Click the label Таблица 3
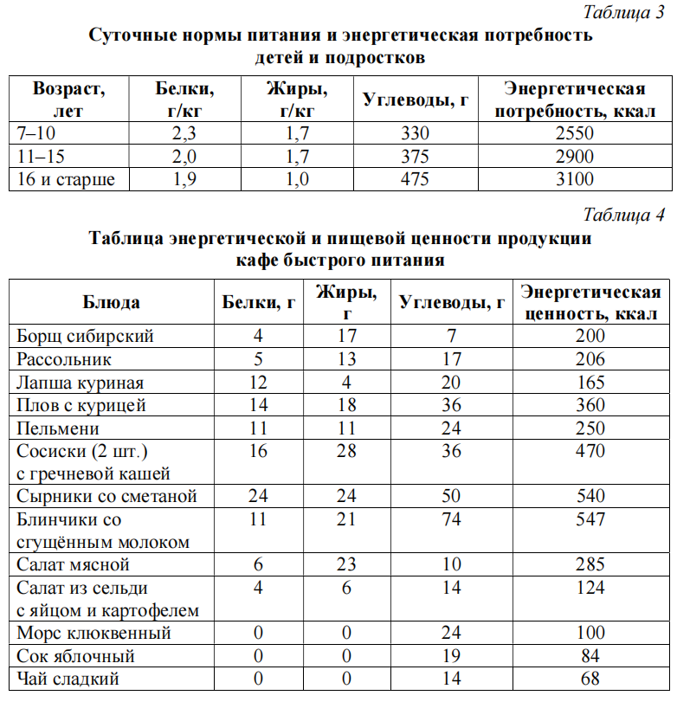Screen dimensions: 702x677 click(623, 12)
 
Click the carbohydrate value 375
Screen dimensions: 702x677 click(416, 157)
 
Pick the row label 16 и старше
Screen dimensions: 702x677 click(66, 179)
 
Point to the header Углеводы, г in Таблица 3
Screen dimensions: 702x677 click(416, 100)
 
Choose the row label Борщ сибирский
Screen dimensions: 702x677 click(86, 336)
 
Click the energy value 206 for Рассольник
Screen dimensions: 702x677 click(590, 358)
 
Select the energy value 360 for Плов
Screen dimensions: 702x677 click(590, 405)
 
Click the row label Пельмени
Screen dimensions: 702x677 click(59, 428)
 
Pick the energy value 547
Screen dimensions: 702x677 click(590, 519)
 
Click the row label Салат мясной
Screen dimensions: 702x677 click(74, 564)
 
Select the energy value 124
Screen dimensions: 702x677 click(590, 588)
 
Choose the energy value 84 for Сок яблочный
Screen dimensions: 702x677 click(590, 656)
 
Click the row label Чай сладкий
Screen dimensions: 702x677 click(68, 679)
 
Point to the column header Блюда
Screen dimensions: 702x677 click(112, 302)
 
